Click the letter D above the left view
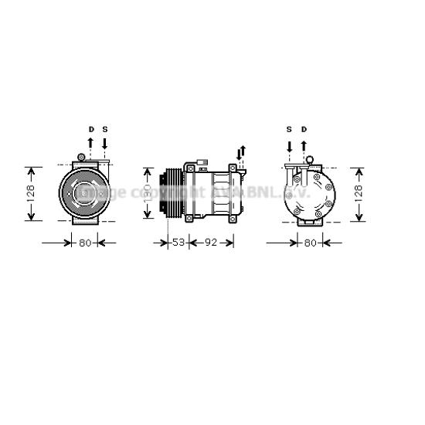90,129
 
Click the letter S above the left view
105,129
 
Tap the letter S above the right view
289,129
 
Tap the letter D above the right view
304,129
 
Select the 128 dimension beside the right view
358,193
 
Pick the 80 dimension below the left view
85,243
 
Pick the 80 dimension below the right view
310,243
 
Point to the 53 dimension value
178,243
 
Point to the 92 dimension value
212,243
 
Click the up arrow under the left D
90,143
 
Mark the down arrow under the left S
105,143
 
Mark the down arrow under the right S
289,145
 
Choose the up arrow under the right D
304,145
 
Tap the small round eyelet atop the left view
80,158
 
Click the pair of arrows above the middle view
242,153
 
